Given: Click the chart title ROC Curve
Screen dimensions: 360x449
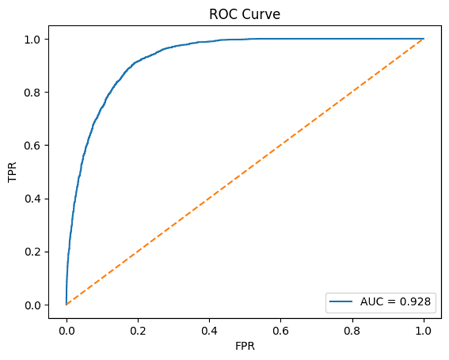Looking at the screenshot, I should [245, 15].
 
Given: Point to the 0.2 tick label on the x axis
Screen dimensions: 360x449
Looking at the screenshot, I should [138, 332].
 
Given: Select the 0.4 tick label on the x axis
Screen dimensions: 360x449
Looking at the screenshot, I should [209, 332].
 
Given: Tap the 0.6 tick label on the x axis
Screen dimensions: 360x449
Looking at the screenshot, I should [281, 332].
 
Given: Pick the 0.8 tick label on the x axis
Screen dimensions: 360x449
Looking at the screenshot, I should [352, 332].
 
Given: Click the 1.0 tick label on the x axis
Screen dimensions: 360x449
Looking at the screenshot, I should [423, 332].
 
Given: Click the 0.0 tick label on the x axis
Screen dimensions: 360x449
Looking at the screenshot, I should [66, 332].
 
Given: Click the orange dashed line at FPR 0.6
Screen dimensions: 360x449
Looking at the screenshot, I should [281, 145].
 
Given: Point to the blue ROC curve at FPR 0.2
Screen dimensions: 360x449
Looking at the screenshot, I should [138, 63].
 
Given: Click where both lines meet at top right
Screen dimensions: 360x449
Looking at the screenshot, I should [423, 39].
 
